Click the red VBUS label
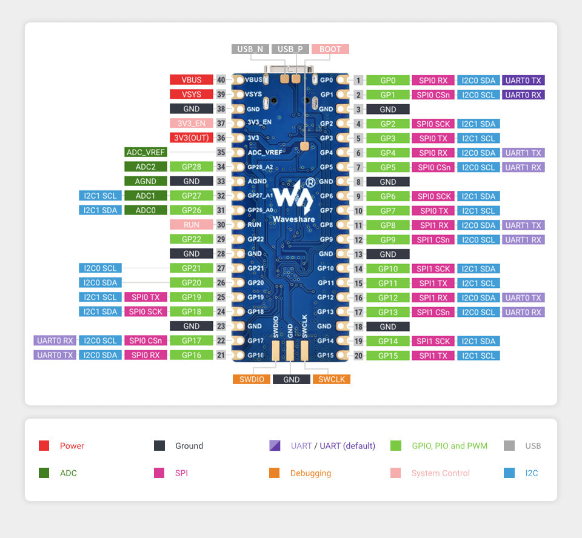point(192,80)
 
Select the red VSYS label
point(192,95)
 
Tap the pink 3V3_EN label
point(192,124)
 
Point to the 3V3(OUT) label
point(192,138)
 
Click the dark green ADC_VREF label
point(145,152)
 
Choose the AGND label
point(145,181)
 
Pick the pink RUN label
point(192,224)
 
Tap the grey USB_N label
point(250,49)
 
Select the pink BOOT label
point(330,49)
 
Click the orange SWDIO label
point(251,379)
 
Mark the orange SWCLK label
point(332,379)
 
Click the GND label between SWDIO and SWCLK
point(291,379)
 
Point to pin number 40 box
point(221,80)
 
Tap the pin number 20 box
point(359,356)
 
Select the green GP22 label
point(192,239)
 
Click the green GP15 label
point(388,356)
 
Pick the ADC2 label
point(145,167)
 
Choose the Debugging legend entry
point(310,473)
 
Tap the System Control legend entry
point(440,473)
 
